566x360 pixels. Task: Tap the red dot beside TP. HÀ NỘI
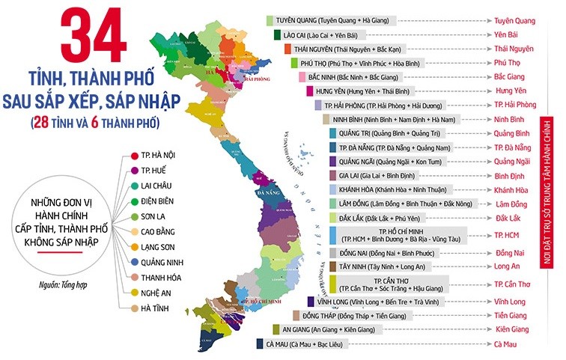coord(133,155)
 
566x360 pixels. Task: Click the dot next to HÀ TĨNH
coord(133,308)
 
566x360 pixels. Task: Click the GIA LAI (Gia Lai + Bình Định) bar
coord(383,175)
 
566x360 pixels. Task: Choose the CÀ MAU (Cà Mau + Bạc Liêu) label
coord(308,344)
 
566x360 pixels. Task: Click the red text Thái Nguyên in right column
coord(514,49)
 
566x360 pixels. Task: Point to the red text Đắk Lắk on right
coord(514,218)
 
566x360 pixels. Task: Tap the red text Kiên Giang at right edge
coord(514,329)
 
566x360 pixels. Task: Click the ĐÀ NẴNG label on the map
coord(267,193)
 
